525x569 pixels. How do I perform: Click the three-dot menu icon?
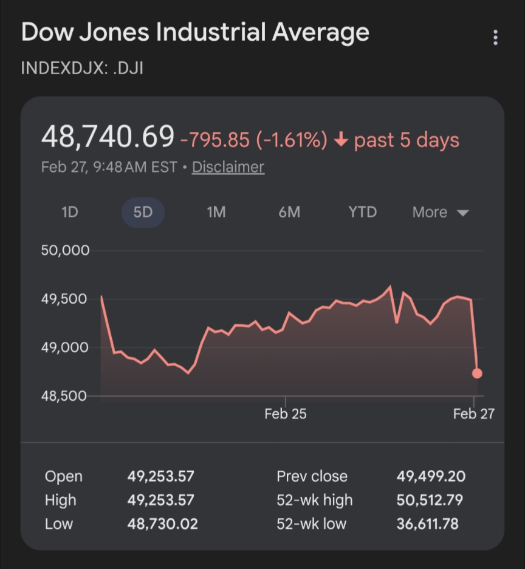coord(496,38)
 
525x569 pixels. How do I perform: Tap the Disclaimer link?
coord(228,167)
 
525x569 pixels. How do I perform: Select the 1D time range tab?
coord(70,213)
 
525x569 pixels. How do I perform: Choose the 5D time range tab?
coord(143,213)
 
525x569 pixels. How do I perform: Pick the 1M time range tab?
coord(216,213)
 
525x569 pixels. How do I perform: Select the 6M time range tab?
coord(289,213)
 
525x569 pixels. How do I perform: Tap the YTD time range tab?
coord(362,213)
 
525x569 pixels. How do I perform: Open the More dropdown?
coord(440,213)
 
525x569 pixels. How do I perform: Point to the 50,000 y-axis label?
coord(65,250)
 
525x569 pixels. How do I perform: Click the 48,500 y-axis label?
coord(65,396)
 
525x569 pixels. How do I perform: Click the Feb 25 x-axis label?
coord(286,414)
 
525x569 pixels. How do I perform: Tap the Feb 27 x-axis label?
coord(474,414)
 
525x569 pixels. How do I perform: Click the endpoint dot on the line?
coord(477,373)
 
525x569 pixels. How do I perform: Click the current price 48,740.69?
coord(108,137)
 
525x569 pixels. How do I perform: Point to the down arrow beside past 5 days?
coord(341,140)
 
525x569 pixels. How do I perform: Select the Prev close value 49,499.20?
coord(431,477)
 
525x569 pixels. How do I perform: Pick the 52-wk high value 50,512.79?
coord(430,500)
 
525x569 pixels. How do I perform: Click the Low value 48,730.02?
coord(162,523)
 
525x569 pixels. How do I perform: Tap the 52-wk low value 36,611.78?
coord(428,523)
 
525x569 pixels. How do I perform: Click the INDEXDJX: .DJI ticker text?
coord(82,67)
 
